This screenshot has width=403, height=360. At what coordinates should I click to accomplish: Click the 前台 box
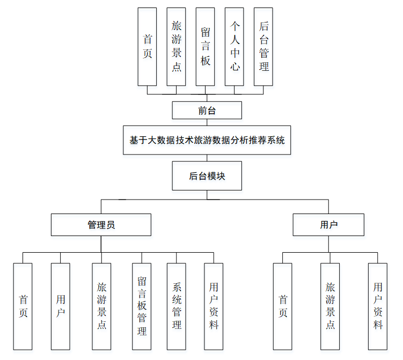[x=207, y=111]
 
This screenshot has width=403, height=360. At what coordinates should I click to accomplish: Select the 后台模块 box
[x=207, y=176]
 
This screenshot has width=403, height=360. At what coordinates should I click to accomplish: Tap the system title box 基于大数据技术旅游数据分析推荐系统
[x=207, y=141]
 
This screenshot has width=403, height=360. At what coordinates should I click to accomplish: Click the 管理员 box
[x=101, y=225]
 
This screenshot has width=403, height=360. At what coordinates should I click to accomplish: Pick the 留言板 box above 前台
[x=206, y=47]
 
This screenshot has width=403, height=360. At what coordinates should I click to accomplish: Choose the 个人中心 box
[x=235, y=47]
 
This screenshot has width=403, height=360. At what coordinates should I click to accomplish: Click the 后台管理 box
[x=263, y=47]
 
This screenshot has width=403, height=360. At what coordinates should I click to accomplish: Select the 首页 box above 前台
[x=148, y=47]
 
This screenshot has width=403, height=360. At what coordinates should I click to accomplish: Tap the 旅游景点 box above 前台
[x=177, y=47]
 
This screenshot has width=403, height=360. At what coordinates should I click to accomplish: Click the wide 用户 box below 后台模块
[x=328, y=225]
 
